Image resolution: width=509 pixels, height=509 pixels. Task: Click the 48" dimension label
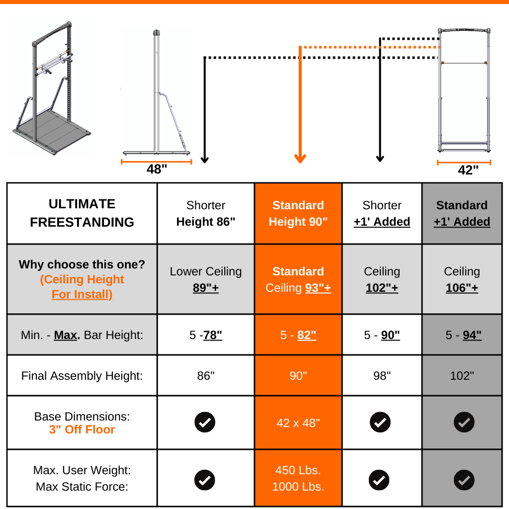pyautogui.click(x=157, y=170)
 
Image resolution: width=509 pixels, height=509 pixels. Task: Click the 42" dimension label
pyautogui.click(x=468, y=170)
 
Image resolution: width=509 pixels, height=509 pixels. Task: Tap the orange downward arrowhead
pyautogui.click(x=300, y=158)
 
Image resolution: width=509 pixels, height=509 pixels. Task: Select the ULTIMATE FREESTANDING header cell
pyautogui.click(x=82, y=213)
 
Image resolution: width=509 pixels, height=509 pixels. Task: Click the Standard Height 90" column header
pyautogui.click(x=298, y=213)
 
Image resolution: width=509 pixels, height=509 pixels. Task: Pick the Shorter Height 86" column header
pyautogui.click(x=206, y=213)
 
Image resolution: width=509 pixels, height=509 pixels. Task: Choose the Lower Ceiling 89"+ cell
pyautogui.click(x=206, y=279)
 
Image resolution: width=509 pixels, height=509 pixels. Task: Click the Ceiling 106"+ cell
pyautogui.click(x=462, y=279)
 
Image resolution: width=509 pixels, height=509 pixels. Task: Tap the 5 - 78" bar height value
pyautogui.click(x=206, y=335)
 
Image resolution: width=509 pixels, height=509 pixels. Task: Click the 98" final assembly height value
pyautogui.click(x=382, y=376)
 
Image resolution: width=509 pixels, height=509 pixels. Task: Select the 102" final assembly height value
pyautogui.click(x=462, y=376)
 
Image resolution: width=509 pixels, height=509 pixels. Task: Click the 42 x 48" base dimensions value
pyautogui.click(x=298, y=423)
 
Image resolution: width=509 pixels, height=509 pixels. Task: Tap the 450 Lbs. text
pyautogui.click(x=298, y=470)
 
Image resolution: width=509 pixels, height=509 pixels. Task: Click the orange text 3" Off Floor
pyautogui.click(x=82, y=429)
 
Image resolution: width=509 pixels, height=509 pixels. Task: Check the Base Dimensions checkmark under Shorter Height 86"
pyautogui.click(x=205, y=423)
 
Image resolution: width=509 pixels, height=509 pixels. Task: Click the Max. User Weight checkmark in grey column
pyautogui.click(x=464, y=480)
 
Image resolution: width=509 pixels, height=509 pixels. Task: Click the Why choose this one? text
pyautogui.click(x=82, y=264)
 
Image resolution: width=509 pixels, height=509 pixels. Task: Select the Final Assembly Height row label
pyautogui.click(x=82, y=376)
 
